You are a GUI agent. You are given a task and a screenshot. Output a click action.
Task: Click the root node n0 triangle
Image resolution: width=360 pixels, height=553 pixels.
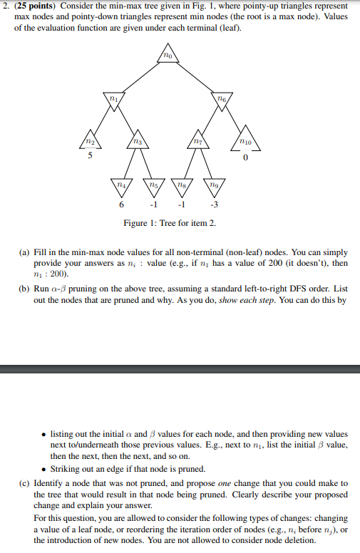pyautogui.click(x=167, y=56)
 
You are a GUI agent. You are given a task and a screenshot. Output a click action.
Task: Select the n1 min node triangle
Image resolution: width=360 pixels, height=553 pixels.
pyautogui.click(x=111, y=99)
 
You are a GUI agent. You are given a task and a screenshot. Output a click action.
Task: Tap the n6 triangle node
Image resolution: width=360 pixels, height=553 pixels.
pyautogui.click(x=221, y=99)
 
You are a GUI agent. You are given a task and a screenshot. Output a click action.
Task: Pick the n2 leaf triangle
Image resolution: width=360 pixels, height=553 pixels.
pyautogui.click(x=90, y=141)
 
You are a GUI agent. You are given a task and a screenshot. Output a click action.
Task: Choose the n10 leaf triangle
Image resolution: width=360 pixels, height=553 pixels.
pyautogui.click(x=245, y=141)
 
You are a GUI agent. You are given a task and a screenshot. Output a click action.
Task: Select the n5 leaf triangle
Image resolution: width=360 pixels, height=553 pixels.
pyautogui.click(x=155, y=185)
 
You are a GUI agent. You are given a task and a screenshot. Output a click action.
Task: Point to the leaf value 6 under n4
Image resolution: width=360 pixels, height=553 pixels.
pyautogui.click(x=122, y=204)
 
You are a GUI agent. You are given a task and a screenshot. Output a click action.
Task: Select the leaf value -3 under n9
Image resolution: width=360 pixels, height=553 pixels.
pyautogui.click(x=213, y=204)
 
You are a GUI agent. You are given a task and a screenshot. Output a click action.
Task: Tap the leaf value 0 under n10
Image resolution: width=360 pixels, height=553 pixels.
pyautogui.click(x=245, y=158)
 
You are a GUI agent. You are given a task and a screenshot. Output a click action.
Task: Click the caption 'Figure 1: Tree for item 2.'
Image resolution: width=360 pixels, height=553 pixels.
pyautogui.click(x=170, y=223)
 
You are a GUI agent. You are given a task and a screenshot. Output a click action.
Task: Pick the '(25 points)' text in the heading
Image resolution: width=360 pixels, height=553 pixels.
pyautogui.click(x=37, y=6)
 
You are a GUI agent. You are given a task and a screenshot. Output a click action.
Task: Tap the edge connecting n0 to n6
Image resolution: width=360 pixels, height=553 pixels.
pyautogui.click(x=195, y=78)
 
